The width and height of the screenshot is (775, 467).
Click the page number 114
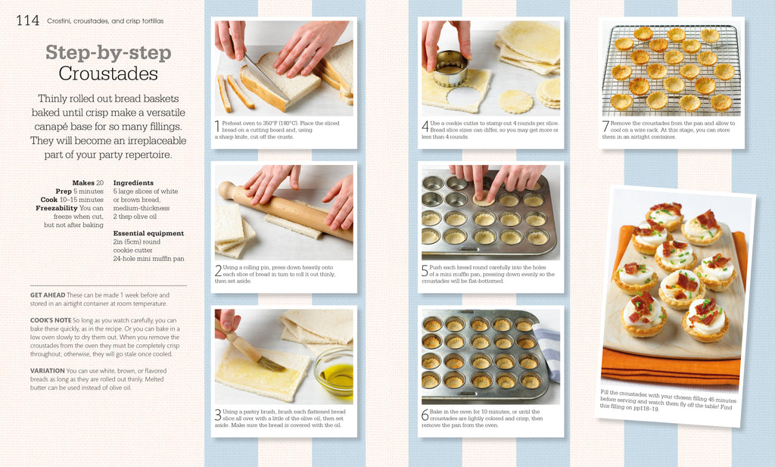pyautogui.click(x=27, y=20)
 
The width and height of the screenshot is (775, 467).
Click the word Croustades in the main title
pyautogui.click(x=108, y=73)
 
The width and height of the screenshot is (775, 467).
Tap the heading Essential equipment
pyautogui.click(x=148, y=233)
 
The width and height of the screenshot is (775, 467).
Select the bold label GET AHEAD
pyautogui.click(x=48, y=295)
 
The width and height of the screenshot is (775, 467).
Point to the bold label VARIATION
pyautogui.click(x=48, y=371)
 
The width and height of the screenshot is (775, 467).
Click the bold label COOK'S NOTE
pyautogui.click(x=51, y=320)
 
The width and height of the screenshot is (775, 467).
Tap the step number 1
pyautogui.click(x=217, y=126)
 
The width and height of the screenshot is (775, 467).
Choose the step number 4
pyautogui.click(x=425, y=126)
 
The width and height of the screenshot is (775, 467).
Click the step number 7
pyautogui.click(x=605, y=126)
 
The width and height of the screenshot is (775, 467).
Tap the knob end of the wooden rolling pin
pyautogui.click(x=227, y=190)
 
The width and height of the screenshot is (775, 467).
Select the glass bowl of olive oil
pyautogui.click(x=334, y=373)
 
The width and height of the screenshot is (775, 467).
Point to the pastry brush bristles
pyautogui.click(x=271, y=364)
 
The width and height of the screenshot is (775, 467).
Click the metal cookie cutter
pyautogui.click(x=450, y=69)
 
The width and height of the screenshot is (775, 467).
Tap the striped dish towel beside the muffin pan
pyautogui.click(x=548, y=351)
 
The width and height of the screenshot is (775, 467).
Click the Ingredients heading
pyautogui.click(x=133, y=183)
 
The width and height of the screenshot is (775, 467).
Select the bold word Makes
pyautogui.click(x=83, y=183)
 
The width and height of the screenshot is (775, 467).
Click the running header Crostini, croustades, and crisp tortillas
pyautogui.click(x=105, y=20)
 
